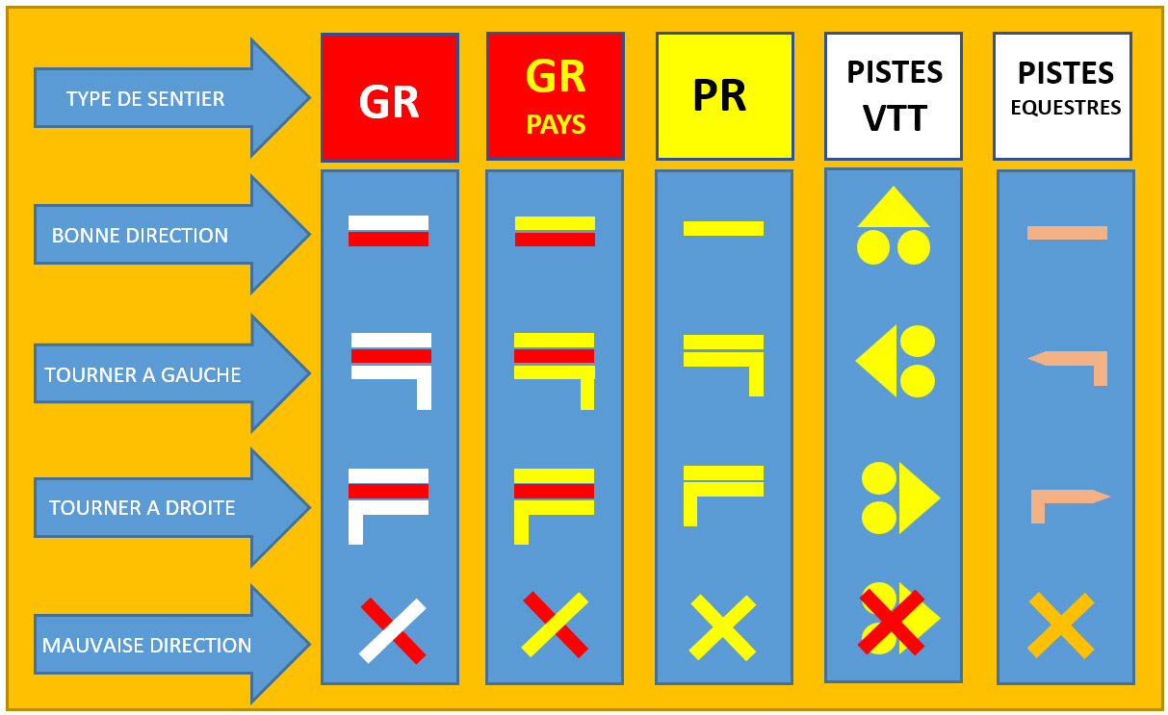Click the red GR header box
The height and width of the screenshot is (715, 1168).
tap(390, 97)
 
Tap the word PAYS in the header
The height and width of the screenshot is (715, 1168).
tap(556, 124)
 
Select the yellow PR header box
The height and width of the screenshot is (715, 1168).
tap(725, 96)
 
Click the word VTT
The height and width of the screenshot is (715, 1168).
tap(895, 118)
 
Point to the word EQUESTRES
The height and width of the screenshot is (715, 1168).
tap(1065, 108)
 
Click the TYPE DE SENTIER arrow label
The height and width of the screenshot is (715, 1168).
tap(145, 98)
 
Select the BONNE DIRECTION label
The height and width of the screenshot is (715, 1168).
tap(140, 236)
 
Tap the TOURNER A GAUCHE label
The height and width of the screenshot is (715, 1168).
tap(143, 374)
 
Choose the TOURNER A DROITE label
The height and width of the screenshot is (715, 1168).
tap(142, 507)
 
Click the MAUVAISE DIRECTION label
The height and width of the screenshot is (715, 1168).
tap(146, 645)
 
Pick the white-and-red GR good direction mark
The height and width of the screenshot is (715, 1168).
tap(388, 231)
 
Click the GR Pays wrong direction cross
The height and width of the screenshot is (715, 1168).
tap(555, 625)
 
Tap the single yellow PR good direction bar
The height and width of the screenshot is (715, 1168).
tap(723, 228)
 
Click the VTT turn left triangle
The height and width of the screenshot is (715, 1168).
tap(876, 361)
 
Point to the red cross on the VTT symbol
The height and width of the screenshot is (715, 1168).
tap(892, 622)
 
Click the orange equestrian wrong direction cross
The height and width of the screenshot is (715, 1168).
tap(1060, 626)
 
